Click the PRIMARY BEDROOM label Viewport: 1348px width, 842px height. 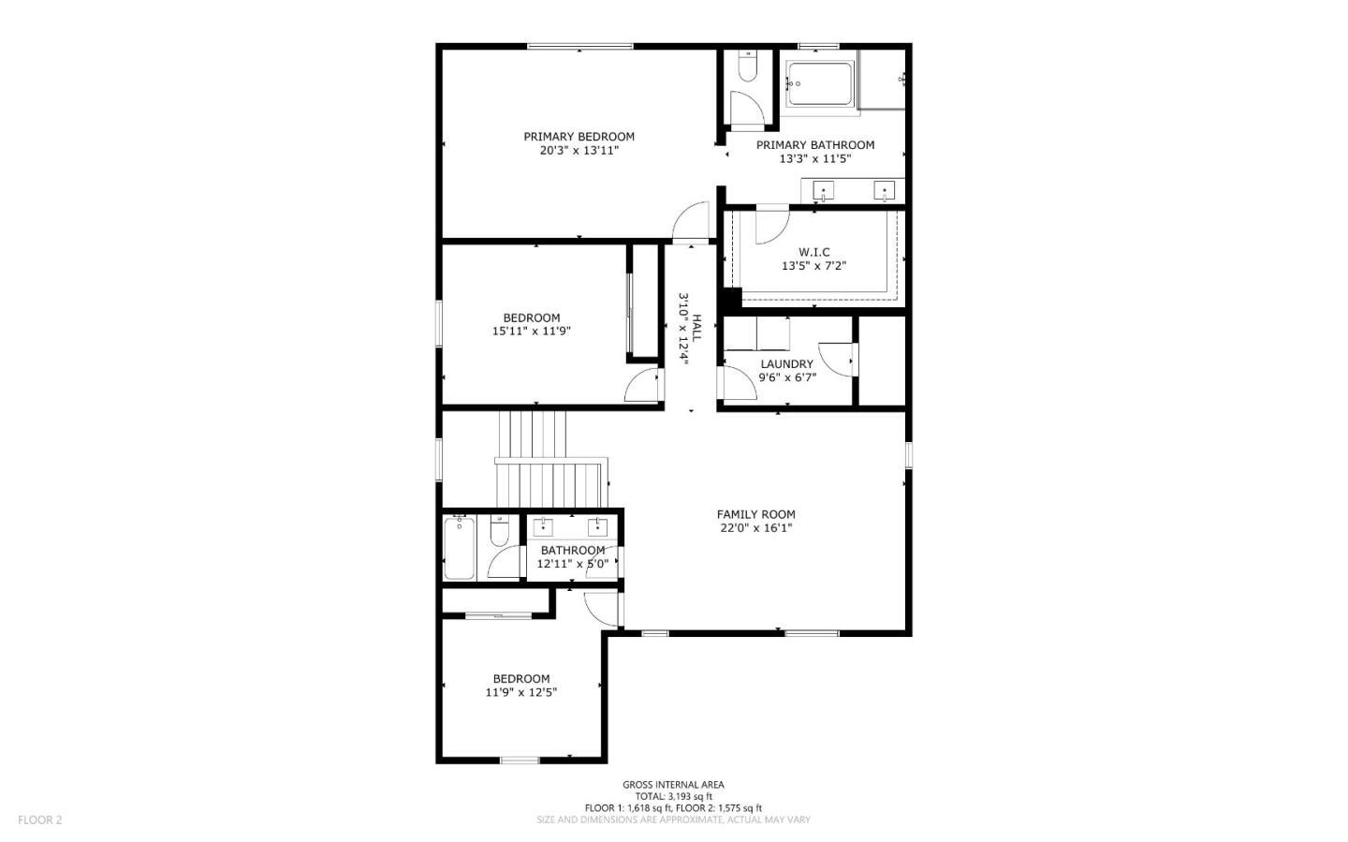point(579,137)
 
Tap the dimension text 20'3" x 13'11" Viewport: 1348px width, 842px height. point(579,150)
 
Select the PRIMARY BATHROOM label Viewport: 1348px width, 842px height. point(814,145)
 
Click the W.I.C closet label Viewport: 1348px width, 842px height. point(813,253)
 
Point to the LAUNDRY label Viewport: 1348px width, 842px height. point(786,364)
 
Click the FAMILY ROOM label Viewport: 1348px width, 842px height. point(755,514)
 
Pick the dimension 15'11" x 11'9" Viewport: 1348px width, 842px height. point(531,331)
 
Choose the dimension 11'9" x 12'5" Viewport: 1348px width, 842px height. point(521,692)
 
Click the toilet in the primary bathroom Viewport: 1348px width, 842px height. point(747,69)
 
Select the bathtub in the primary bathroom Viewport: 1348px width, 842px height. point(820,84)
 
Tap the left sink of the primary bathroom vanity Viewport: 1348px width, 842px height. point(823,191)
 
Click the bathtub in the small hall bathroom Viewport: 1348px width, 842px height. point(459,547)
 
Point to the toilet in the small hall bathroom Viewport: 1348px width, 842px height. point(499,532)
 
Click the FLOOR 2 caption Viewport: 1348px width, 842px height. point(40,820)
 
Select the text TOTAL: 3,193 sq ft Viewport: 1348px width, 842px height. point(673,797)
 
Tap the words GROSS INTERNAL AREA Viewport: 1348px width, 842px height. point(673,785)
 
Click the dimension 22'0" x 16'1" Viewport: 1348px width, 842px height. point(755,527)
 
